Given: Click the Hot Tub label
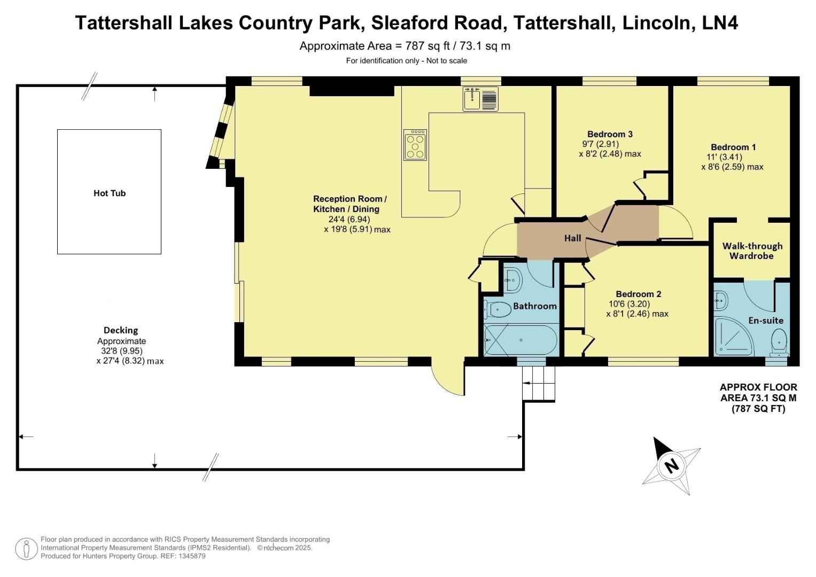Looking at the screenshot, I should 110,193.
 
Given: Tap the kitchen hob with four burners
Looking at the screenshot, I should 415,145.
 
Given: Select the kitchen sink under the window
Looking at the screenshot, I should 480,99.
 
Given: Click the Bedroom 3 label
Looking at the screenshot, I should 610,134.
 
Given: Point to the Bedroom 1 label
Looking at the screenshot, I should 733,147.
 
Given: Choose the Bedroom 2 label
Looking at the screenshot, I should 638,294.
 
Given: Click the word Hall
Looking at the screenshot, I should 572,238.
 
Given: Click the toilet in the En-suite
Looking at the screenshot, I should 779,342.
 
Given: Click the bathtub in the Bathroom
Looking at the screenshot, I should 520,340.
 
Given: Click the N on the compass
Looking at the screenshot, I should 671,465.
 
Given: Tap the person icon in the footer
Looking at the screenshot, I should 26,549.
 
